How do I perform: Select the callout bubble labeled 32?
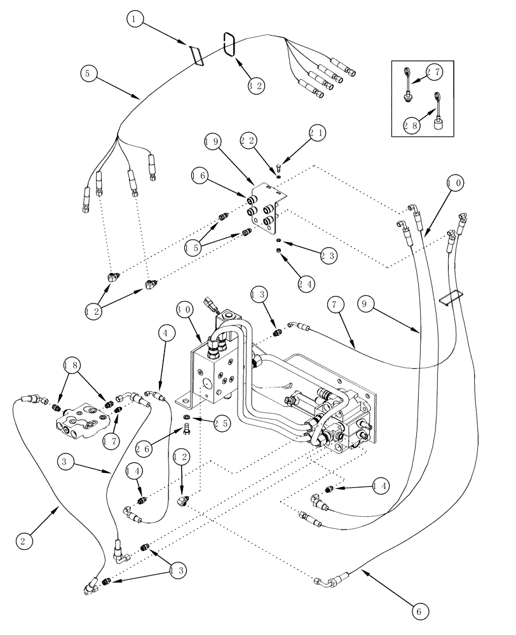[257, 84]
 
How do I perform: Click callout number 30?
[186, 311]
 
